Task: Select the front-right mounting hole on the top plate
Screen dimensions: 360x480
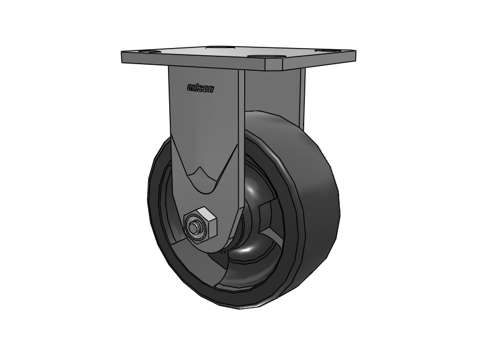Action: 274,59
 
